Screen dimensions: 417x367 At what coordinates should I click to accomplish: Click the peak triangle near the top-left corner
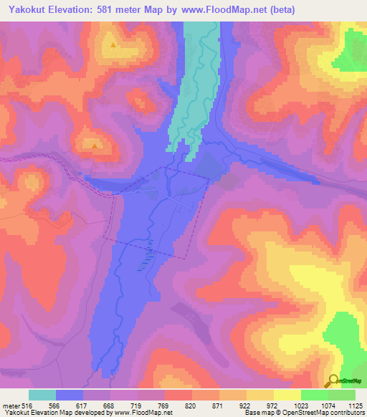[114, 44]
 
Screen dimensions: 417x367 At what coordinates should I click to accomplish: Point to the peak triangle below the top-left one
[95, 146]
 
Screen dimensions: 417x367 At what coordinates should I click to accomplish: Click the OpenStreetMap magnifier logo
[333, 381]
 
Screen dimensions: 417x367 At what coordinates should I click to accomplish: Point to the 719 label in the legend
[138, 406]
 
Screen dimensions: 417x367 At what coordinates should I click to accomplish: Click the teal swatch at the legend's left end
[42, 395]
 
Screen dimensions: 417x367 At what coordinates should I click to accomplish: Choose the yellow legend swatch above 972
[259, 395]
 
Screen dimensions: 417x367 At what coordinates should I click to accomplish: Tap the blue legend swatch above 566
[70, 395]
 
